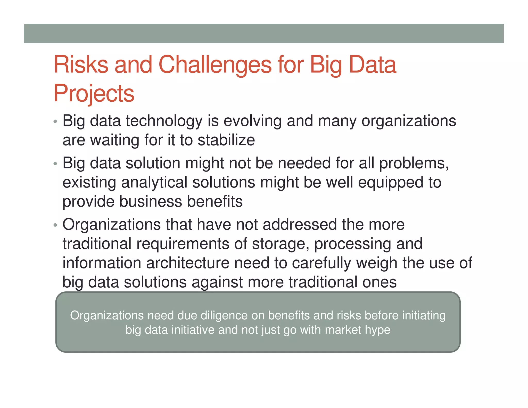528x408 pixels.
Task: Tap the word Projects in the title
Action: pos(94,93)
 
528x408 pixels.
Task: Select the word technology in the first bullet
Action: pos(164,121)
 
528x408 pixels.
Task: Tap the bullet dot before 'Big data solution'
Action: pos(55,164)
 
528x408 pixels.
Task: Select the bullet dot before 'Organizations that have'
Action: pos(55,225)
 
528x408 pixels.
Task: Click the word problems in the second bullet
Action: pos(414,164)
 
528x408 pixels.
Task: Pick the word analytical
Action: pos(154,183)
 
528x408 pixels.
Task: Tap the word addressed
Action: pos(300,224)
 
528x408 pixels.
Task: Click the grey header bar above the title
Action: pos(264,34)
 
